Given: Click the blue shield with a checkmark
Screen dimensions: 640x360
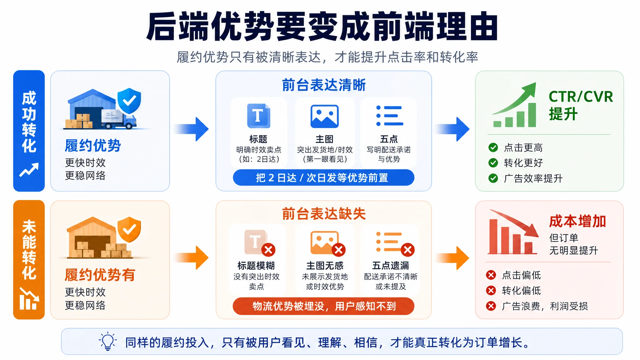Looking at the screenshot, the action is pos(129,101).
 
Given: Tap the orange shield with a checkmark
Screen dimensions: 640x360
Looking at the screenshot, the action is pos(129,230).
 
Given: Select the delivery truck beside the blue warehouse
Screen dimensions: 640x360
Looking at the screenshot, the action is pos(119,119).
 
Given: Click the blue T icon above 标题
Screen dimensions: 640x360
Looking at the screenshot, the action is pos(258,116).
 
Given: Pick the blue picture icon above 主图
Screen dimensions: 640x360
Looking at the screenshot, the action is pos(324,116).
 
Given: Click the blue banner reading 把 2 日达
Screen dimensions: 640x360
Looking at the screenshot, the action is pos(323,177).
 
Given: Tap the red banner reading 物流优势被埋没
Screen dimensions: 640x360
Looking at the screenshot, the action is pos(323,306).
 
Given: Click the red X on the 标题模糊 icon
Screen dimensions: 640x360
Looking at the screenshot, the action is pos(268,250).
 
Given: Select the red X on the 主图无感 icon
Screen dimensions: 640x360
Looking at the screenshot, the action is pos(338,250).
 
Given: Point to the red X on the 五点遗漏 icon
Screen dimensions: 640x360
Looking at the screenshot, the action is pos(408,250).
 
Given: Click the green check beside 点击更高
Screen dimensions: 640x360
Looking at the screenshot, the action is pos(493,147).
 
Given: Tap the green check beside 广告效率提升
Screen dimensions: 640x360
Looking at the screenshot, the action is pos(493,178).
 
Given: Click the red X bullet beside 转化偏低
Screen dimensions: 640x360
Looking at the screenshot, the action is pos(491,291).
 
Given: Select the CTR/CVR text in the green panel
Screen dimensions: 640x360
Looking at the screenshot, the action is pos(581,97).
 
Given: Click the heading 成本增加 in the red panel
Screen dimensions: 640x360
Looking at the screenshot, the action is pos(577,221).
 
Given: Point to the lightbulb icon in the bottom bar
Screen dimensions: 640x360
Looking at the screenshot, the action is pos(108,341).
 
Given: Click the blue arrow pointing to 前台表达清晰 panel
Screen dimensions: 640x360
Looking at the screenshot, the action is pos(191,129).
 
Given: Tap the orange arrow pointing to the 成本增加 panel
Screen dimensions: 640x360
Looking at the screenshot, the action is pos(452,258).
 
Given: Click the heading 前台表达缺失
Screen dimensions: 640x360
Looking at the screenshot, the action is pos(324,214).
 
